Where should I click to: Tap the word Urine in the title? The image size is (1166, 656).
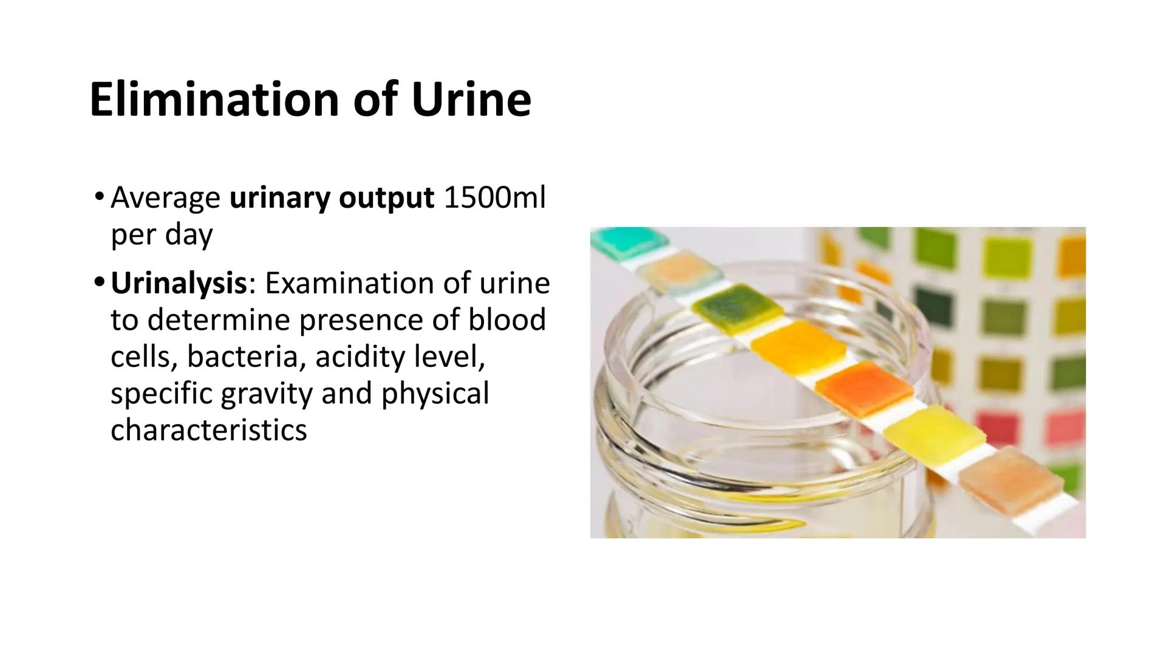471,99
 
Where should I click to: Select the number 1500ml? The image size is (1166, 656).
494,197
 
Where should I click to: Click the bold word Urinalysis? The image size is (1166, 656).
179,284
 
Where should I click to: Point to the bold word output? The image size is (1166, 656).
386,197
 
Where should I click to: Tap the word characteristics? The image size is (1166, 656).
208,430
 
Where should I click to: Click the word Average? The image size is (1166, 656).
165,197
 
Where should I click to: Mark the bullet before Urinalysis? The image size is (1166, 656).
100,282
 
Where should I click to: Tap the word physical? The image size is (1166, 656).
435,394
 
